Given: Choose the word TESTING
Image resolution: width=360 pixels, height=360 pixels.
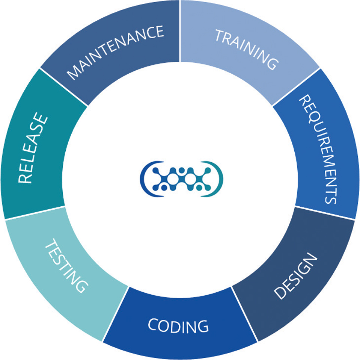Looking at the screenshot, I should [66, 265].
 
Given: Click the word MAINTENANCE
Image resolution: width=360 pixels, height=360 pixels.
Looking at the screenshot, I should [116, 52].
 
